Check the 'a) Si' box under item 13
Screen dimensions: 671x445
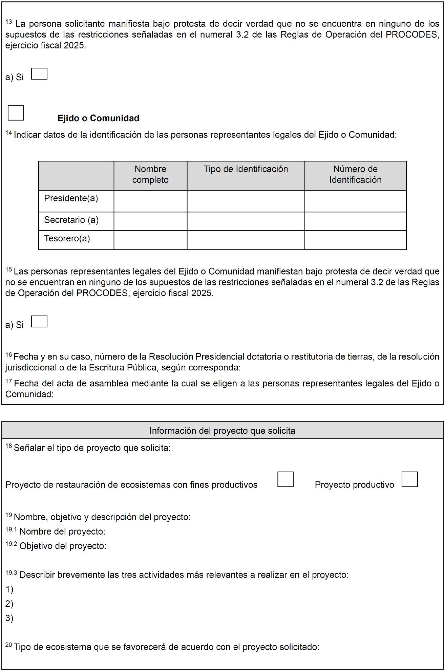coord(39,74)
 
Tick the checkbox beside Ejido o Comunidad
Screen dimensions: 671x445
coord(16,113)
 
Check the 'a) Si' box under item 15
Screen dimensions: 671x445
coord(39,322)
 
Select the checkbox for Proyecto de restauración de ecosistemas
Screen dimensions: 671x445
coord(285,479)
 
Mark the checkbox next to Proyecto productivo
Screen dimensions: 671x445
coord(410,479)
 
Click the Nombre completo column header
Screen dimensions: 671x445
coord(150,174)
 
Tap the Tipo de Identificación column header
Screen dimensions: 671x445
coord(246,169)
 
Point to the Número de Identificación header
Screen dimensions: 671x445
coord(355,174)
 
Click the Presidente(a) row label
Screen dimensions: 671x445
coord(71,198)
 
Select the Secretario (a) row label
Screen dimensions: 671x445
coord(71,220)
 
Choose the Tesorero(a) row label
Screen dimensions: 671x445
coord(67,239)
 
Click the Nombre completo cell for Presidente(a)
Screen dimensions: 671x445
coord(150,201)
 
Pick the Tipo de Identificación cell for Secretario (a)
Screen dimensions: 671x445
coord(246,221)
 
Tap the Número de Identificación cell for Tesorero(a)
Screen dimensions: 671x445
coord(355,240)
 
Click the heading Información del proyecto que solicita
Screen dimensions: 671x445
coord(222,431)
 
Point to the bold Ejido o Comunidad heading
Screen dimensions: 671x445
coord(99,118)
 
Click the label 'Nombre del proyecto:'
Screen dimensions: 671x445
coord(63,532)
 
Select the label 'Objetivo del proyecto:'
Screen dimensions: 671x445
coord(63,546)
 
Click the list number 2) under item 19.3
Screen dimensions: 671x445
coord(9,604)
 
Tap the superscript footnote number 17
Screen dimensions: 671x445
coord(9,381)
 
